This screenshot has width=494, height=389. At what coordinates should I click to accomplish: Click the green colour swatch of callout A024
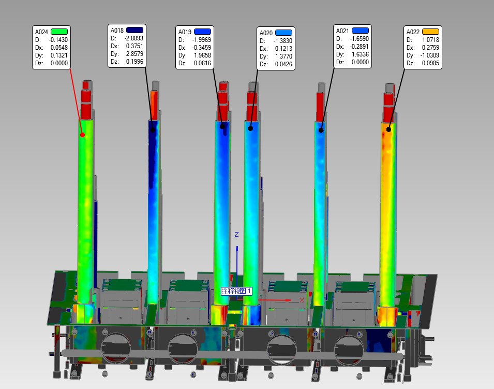(59, 32)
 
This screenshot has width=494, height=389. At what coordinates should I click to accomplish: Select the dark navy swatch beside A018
(134, 30)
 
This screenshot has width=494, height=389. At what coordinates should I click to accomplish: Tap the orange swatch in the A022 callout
(430, 32)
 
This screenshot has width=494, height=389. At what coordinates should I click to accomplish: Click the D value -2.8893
(134, 38)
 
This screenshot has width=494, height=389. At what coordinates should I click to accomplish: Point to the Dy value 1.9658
(202, 55)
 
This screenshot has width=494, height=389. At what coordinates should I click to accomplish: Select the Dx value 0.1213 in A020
(283, 49)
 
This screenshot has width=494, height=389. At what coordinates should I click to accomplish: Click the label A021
(342, 31)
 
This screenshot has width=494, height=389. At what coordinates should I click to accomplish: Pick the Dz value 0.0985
(430, 63)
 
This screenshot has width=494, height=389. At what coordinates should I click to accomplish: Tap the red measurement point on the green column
(83, 135)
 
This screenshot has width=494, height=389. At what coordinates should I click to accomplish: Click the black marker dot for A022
(389, 129)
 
